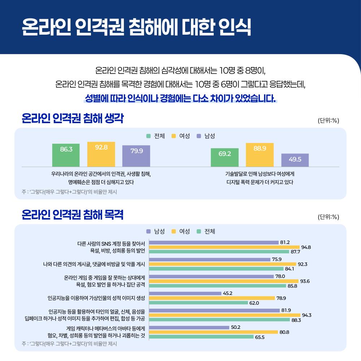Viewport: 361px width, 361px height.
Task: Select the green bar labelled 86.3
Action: coord(66,155)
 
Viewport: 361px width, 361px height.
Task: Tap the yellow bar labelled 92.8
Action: coord(101,154)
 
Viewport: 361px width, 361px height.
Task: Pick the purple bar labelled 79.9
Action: coord(136,156)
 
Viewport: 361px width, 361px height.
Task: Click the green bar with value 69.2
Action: coord(225,157)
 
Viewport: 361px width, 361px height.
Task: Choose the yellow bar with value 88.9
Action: coord(260,155)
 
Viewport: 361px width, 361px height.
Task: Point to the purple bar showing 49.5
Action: coord(295,160)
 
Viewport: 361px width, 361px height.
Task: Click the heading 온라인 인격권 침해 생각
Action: coord(72,118)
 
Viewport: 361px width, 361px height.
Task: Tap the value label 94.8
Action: coord(306,247)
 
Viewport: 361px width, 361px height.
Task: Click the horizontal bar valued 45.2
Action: coord(185,293)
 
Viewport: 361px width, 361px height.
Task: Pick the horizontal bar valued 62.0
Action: coord(198,303)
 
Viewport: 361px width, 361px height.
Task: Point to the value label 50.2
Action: coord(236,327)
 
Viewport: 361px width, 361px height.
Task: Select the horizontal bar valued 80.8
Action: coord(213,332)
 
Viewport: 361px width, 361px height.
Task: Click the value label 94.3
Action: coord(306,315)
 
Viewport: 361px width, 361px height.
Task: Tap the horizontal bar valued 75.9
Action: coord(209,260)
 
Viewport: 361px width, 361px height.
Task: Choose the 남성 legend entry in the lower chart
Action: coord(156,231)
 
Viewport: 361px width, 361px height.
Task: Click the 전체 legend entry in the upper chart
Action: coord(156,136)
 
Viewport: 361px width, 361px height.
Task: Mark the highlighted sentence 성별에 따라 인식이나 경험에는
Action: coord(180,99)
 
